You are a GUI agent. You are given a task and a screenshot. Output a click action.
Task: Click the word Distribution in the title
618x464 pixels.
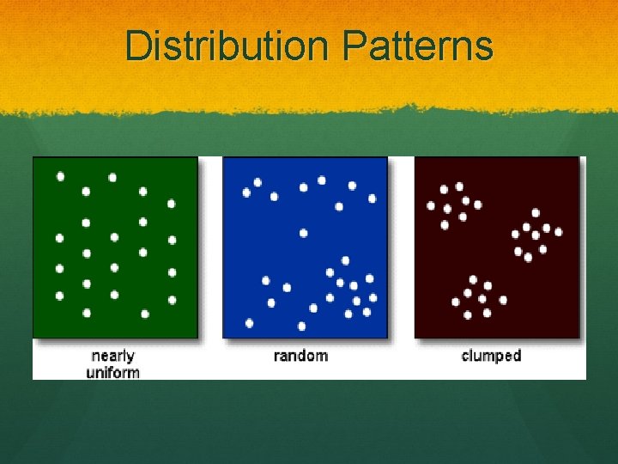pyautogui.click(x=223, y=46)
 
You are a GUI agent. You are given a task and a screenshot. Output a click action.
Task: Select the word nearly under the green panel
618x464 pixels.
pyautogui.click(x=112, y=356)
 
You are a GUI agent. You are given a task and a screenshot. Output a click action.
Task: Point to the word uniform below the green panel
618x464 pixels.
pyautogui.click(x=112, y=371)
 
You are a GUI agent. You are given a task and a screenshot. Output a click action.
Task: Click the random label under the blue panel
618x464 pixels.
pyautogui.click(x=300, y=355)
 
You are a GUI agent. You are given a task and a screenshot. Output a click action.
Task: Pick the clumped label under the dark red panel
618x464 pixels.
pyautogui.click(x=491, y=355)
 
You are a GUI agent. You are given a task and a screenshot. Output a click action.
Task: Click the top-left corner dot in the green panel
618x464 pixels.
pyautogui.click(x=60, y=176)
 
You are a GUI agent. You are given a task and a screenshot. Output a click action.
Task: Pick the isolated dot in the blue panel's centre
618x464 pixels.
pyautogui.click(x=303, y=233)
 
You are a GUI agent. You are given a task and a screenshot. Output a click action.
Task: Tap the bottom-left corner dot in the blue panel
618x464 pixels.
pyautogui.click(x=249, y=323)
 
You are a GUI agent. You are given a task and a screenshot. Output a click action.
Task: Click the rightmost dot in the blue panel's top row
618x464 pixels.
pyautogui.click(x=372, y=198)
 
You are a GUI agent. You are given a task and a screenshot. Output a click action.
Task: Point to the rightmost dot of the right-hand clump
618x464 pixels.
pyautogui.click(x=559, y=231)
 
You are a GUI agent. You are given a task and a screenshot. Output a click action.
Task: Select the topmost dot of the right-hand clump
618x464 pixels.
pyautogui.click(x=536, y=212)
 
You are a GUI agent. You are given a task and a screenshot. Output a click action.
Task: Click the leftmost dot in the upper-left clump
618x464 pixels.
pyautogui.click(x=431, y=205)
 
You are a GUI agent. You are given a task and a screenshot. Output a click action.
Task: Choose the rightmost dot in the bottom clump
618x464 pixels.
pyautogui.click(x=503, y=300)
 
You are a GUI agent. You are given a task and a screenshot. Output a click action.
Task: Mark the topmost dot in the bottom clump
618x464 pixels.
pyautogui.click(x=473, y=279)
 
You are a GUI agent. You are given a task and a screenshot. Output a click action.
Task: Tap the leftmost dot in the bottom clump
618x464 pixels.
pyautogui.click(x=456, y=302)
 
